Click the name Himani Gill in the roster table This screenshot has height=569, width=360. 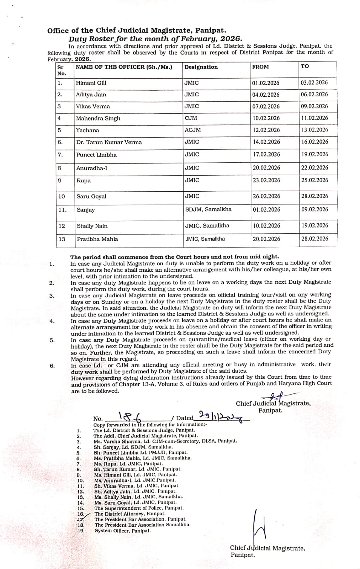(x=91, y=83)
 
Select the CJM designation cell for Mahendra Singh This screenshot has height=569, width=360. (x=191, y=118)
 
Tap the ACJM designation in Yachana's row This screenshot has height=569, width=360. (x=192, y=130)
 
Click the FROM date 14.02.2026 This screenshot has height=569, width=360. (x=266, y=142)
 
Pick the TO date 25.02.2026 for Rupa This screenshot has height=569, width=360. (x=314, y=180)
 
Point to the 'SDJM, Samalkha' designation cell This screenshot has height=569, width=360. (x=208, y=209)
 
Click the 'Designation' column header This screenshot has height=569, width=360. (x=201, y=67)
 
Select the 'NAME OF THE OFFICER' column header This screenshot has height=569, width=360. (x=124, y=67)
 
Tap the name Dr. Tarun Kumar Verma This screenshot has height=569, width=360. (x=109, y=142)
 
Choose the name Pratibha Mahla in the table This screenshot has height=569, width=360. (x=97, y=239)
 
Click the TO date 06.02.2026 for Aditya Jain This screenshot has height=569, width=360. (x=314, y=95)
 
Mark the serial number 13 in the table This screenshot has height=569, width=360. (x=62, y=239)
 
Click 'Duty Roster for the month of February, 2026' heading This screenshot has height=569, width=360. (x=155, y=39)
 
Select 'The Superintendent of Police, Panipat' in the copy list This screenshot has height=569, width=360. (x=139, y=508)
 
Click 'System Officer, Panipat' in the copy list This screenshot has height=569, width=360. (x=122, y=531)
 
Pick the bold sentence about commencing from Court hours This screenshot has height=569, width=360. (x=175, y=257)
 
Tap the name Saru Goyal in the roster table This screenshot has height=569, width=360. (x=91, y=197)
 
